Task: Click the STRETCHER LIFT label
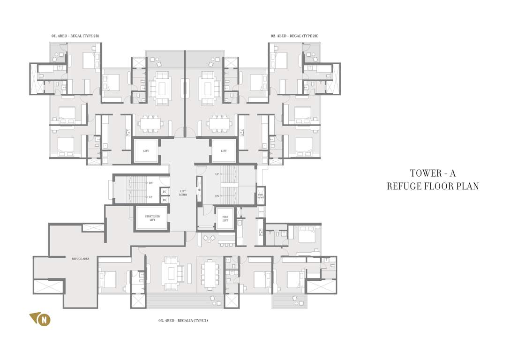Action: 152,218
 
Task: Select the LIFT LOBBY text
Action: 183,193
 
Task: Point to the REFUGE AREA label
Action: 81,258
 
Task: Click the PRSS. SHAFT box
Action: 261,196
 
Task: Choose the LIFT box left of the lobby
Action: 146,151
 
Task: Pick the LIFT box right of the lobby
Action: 224,151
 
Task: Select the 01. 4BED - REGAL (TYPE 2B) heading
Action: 75,36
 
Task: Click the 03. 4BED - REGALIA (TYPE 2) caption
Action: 183,321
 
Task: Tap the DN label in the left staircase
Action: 150,183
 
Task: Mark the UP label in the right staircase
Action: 217,174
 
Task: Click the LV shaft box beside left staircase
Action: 165,192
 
